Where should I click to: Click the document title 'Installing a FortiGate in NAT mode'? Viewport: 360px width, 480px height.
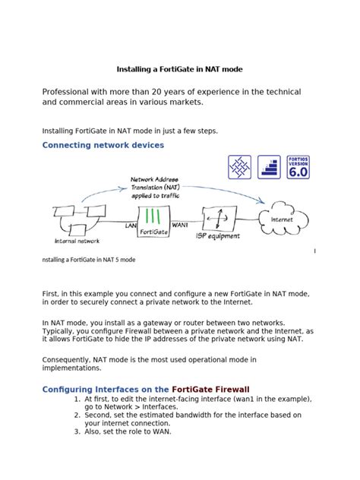point(179,68)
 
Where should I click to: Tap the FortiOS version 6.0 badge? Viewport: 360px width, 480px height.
point(298,167)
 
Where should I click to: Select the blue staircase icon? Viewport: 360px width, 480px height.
point(269,167)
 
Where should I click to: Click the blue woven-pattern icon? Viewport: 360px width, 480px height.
point(240,167)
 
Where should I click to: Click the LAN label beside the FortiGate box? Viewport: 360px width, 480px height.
point(131,226)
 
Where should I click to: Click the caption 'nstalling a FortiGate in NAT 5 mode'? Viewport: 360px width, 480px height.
point(88,260)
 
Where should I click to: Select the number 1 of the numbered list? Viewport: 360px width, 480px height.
point(77,399)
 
